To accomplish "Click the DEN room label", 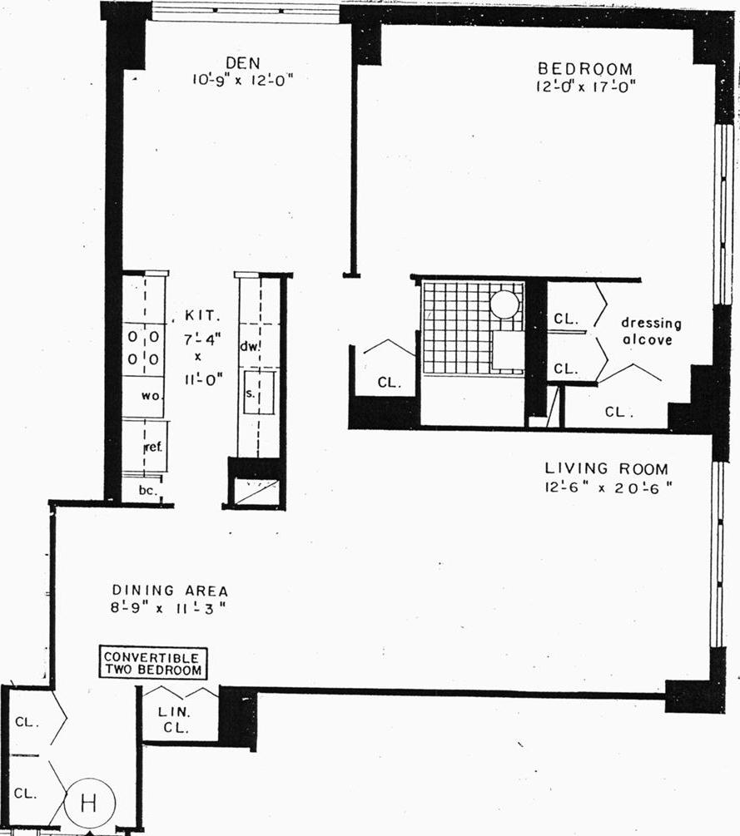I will click(x=242, y=63).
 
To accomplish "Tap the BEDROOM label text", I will click(x=584, y=69).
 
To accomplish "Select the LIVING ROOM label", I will click(x=606, y=469).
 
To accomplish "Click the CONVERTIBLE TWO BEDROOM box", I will click(x=152, y=663).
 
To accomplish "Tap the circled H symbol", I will click(x=89, y=804).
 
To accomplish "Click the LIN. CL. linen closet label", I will click(x=175, y=719).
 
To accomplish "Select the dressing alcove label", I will click(x=651, y=331).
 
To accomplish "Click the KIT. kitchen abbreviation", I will click(x=203, y=317).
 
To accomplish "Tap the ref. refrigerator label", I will click(x=152, y=447).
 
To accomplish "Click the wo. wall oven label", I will click(x=150, y=397).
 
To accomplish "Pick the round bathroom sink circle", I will click(x=504, y=304).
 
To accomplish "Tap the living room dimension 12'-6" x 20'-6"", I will click(x=606, y=487).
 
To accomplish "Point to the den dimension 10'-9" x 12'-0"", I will click(x=242, y=80).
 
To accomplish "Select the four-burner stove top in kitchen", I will click(x=143, y=349).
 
